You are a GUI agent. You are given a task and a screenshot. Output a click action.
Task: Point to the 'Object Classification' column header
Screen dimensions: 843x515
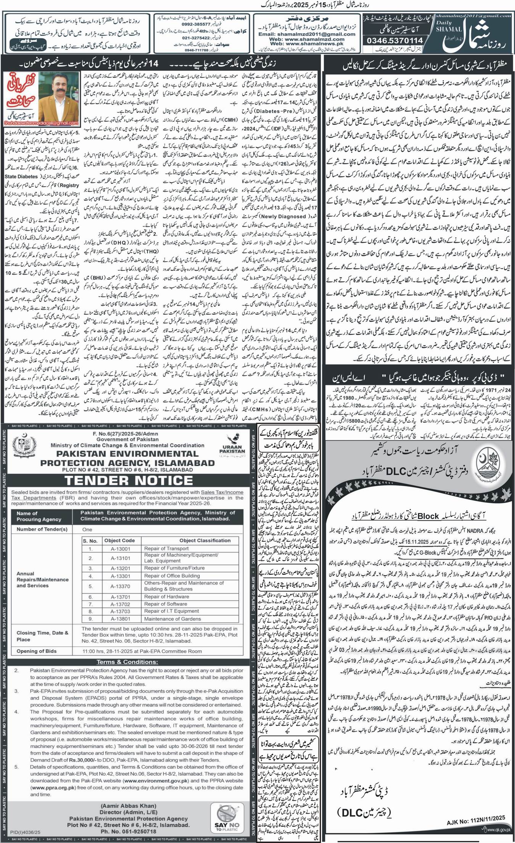(x=205, y=540)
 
